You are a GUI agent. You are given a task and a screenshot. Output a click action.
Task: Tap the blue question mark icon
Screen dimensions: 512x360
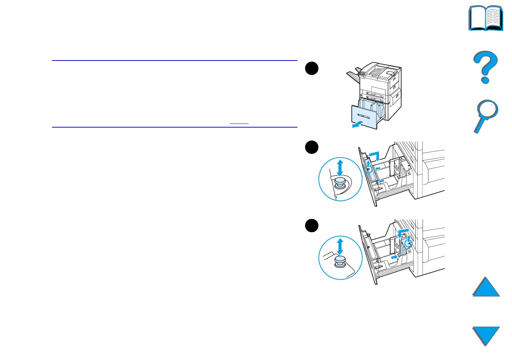pos(485,67)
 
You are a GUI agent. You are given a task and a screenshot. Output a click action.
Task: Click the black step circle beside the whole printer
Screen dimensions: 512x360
pos(312,69)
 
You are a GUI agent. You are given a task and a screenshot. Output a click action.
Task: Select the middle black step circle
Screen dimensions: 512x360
pos(312,147)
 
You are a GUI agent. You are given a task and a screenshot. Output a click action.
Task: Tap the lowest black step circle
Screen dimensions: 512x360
pos(312,225)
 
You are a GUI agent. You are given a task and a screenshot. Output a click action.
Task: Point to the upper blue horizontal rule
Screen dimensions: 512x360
pos(175,60)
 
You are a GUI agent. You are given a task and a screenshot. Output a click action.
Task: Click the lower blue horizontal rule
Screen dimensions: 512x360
pos(175,127)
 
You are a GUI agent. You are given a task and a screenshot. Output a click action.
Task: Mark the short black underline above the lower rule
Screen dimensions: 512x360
pos(239,124)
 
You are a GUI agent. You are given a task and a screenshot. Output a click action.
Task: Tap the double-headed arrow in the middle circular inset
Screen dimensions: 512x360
pos(340,168)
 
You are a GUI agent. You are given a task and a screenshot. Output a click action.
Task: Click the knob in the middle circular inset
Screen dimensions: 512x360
pos(340,181)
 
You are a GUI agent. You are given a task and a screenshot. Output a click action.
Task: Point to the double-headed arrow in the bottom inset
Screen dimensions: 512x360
pos(340,246)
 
